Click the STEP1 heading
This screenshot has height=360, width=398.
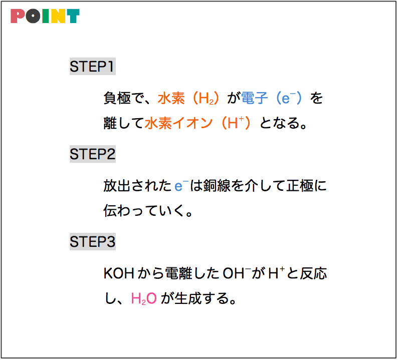93,67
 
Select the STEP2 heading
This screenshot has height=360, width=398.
93,154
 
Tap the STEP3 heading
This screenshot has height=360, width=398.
93,242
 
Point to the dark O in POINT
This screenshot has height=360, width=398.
33,16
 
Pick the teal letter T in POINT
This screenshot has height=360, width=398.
73,16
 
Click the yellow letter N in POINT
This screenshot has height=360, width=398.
58,16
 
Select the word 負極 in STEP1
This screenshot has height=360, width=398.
117,98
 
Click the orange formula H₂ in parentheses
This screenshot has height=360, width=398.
207,98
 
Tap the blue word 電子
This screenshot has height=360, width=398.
255,98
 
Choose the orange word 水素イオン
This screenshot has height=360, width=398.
178,123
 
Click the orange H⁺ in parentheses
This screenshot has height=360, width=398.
236,123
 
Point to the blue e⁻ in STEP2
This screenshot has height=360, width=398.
181,186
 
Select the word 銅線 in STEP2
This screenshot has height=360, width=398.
217,186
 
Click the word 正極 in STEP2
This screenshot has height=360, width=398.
300,186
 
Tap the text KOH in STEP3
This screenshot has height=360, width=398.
119,273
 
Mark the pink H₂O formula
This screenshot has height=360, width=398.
144,298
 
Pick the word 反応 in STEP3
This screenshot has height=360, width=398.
313,273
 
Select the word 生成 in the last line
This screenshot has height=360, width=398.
188,298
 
